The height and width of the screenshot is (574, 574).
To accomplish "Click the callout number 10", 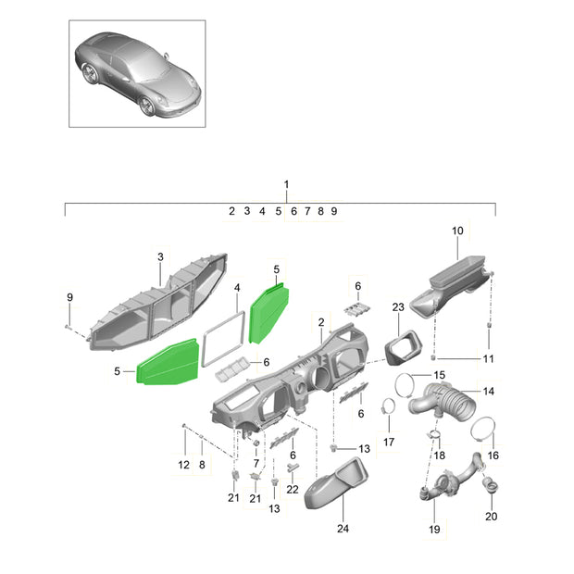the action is tap(457, 231).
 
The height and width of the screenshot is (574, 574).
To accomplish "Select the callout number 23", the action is tap(398, 306).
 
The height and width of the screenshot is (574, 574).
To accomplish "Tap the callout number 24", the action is tap(343, 529).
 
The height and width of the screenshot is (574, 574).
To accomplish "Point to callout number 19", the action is tap(434, 529).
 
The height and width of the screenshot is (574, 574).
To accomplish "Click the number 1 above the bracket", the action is tap(286, 184).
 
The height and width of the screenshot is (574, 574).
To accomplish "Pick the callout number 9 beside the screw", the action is tap(70, 297).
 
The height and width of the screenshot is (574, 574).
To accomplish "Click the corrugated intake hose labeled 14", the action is tap(443, 402).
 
